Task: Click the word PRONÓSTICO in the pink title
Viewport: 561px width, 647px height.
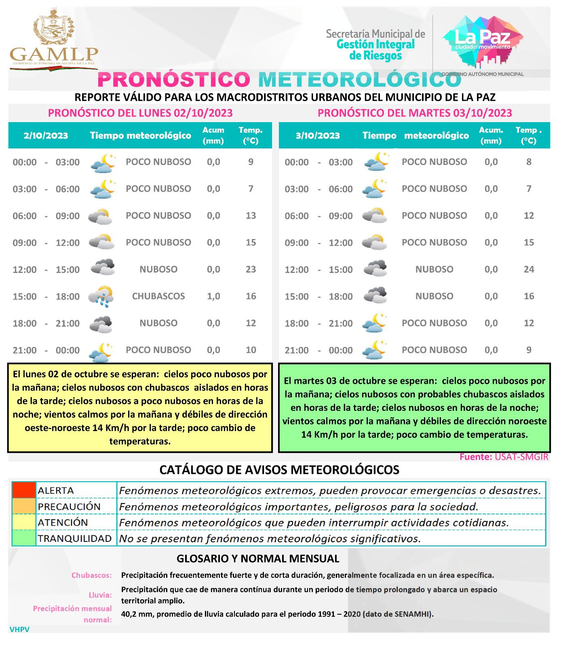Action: pyautogui.click(x=174, y=79)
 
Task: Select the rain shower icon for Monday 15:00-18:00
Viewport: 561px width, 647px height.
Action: pyautogui.click(x=101, y=296)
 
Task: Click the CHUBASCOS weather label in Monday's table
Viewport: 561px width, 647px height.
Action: pyautogui.click(x=158, y=296)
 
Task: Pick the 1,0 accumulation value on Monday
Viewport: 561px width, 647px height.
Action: pyautogui.click(x=213, y=296)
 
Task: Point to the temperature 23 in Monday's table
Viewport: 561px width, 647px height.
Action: pyautogui.click(x=251, y=269)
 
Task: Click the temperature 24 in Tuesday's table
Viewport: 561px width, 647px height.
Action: pyautogui.click(x=529, y=269)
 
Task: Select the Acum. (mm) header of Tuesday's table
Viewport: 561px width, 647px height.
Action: pyautogui.click(x=491, y=135)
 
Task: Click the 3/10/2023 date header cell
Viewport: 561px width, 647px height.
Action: pyautogui.click(x=318, y=135)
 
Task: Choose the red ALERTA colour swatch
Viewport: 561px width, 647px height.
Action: pyautogui.click(x=24, y=490)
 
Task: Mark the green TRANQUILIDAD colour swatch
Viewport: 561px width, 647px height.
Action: pyautogui.click(x=24, y=538)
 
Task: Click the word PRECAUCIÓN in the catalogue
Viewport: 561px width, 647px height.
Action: pyautogui.click(x=69, y=506)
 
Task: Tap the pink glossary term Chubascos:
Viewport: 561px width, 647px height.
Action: pyautogui.click(x=92, y=575)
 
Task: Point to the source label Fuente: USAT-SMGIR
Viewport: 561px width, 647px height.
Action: pyautogui.click(x=504, y=457)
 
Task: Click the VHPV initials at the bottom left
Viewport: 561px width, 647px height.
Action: pyautogui.click(x=19, y=629)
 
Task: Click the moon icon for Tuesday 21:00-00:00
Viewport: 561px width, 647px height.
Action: pyautogui.click(x=376, y=350)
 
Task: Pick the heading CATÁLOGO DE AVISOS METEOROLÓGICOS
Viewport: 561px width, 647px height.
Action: pyautogui.click(x=279, y=469)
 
